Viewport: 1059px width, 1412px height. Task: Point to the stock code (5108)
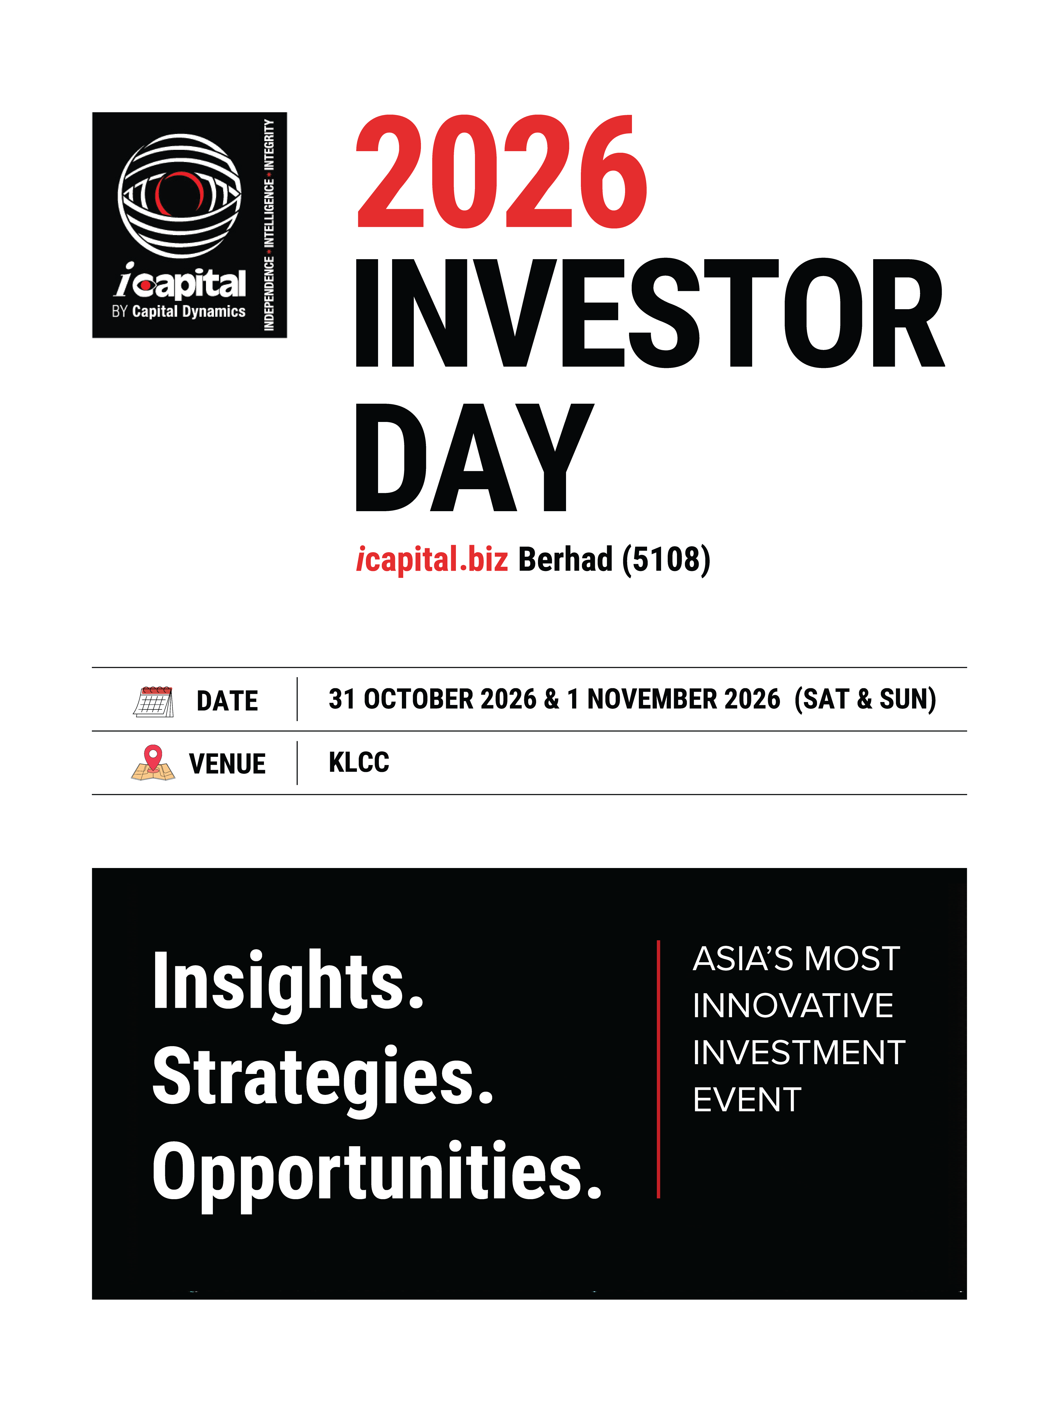[x=666, y=560]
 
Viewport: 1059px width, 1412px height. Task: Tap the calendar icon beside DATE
[x=153, y=701]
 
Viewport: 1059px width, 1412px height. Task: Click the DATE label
[x=227, y=701]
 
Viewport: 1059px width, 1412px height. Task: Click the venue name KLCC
[x=359, y=762]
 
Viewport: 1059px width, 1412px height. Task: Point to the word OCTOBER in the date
[x=419, y=699]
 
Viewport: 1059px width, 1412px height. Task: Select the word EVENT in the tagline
[x=747, y=1100]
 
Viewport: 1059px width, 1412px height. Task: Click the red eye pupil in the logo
[x=180, y=195]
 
